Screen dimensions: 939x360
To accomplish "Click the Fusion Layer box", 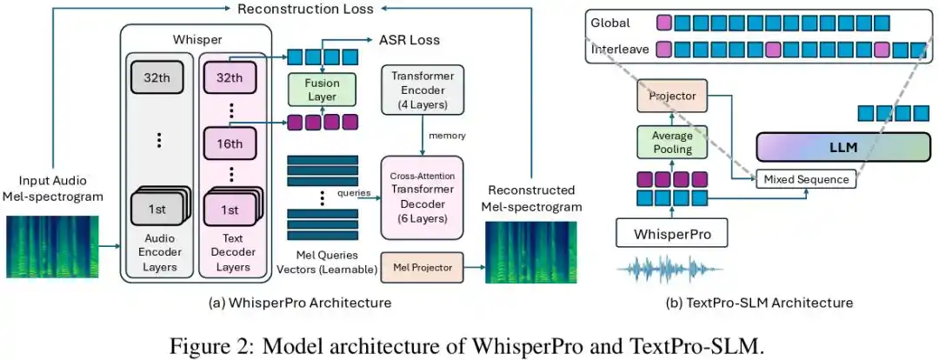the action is point(323,90).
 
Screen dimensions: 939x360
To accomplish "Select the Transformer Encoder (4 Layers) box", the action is point(423,90).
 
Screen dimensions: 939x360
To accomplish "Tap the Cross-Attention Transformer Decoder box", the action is point(423,197).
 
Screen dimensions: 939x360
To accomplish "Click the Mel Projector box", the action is point(423,267).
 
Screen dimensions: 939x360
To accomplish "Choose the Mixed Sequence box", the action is point(806,179).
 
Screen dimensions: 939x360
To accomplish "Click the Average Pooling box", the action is point(671,142).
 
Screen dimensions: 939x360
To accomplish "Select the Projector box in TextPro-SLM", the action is point(671,96).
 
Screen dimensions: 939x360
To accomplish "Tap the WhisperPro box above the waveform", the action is point(672,233).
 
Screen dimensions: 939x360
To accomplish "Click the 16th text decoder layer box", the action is point(230,144).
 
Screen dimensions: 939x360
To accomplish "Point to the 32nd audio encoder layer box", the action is point(158,77).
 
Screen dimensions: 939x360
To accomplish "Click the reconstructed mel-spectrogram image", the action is point(530,252).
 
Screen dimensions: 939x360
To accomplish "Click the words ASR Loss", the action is point(410,40).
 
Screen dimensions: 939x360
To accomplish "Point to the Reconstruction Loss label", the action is point(305,9).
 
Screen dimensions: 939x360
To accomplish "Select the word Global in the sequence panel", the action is point(610,23).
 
